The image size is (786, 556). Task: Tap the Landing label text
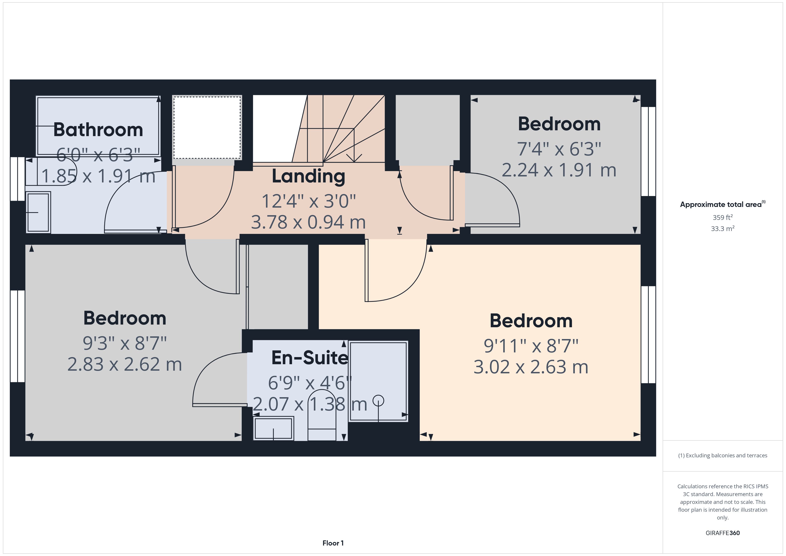point(308,176)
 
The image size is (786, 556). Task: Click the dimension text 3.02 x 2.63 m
point(531,367)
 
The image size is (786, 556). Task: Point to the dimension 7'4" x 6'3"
point(559,149)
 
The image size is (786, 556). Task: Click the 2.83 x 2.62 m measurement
point(125,364)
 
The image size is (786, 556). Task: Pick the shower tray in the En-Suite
point(378,381)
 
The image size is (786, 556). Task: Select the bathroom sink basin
point(38,213)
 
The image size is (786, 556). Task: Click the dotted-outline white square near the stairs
point(207,127)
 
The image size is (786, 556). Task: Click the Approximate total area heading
point(722,205)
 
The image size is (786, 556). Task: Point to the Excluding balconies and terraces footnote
point(722,455)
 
